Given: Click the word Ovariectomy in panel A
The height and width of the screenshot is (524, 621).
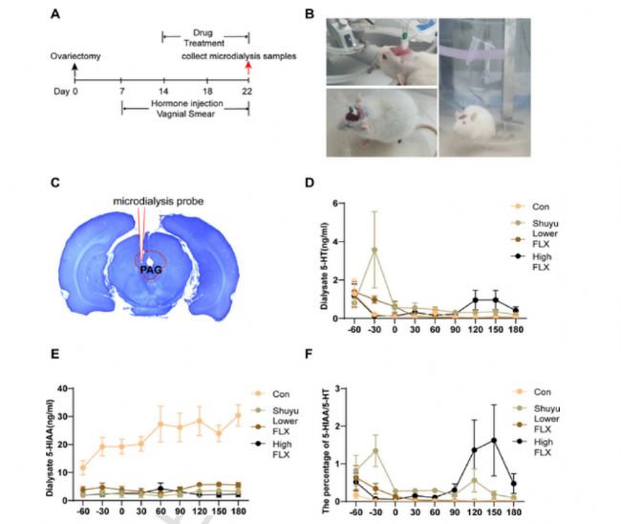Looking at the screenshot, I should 78,57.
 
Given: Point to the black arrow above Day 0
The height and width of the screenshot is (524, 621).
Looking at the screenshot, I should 75,70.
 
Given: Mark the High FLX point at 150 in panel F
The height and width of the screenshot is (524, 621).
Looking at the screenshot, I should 493,440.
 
